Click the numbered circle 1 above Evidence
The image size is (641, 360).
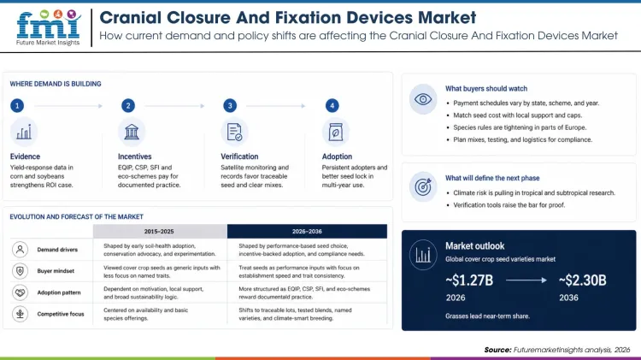(17, 105)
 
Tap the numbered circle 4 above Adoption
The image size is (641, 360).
(332, 105)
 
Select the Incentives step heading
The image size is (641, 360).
(135, 156)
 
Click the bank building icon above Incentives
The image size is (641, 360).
(131, 132)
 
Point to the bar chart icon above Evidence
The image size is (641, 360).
(23, 132)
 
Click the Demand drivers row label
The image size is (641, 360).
(59, 250)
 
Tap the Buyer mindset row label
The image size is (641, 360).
(57, 271)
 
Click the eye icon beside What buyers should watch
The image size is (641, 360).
(422, 100)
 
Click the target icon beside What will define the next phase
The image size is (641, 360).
(422, 186)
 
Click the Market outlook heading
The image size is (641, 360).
(474, 245)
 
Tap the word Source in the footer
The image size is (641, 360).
(497, 350)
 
